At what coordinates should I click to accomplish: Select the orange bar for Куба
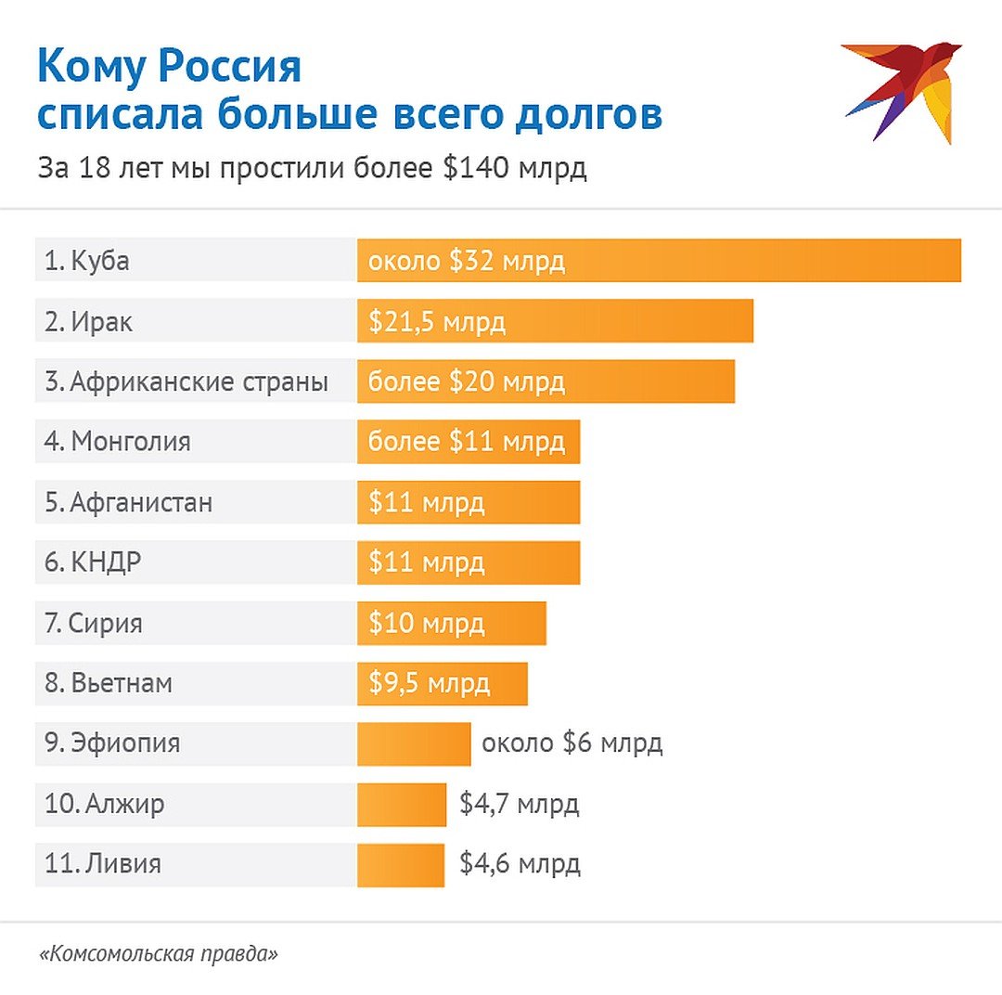(x=659, y=260)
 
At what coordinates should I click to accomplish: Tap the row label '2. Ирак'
(x=88, y=321)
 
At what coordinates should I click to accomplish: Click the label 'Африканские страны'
(x=199, y=381)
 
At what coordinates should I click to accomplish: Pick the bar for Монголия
(x=469, y=442)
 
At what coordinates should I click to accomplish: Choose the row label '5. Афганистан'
(x=128, y=502)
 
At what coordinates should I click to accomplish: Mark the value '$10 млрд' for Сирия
(x=426, y=623)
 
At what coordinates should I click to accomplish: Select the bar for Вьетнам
(x=443, y=684)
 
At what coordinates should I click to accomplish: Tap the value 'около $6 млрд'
(x=572, y=743)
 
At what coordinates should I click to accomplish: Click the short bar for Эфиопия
(x=414, y=743)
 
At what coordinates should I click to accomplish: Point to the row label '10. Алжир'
(x=104, y=804)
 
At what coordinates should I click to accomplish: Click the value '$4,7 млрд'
(x=519, y=804)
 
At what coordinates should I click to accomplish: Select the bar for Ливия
(x=401, y=864)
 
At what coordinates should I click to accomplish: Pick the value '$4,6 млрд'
(x=520, y=864)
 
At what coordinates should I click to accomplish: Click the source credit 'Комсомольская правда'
(x=159, y=954)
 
